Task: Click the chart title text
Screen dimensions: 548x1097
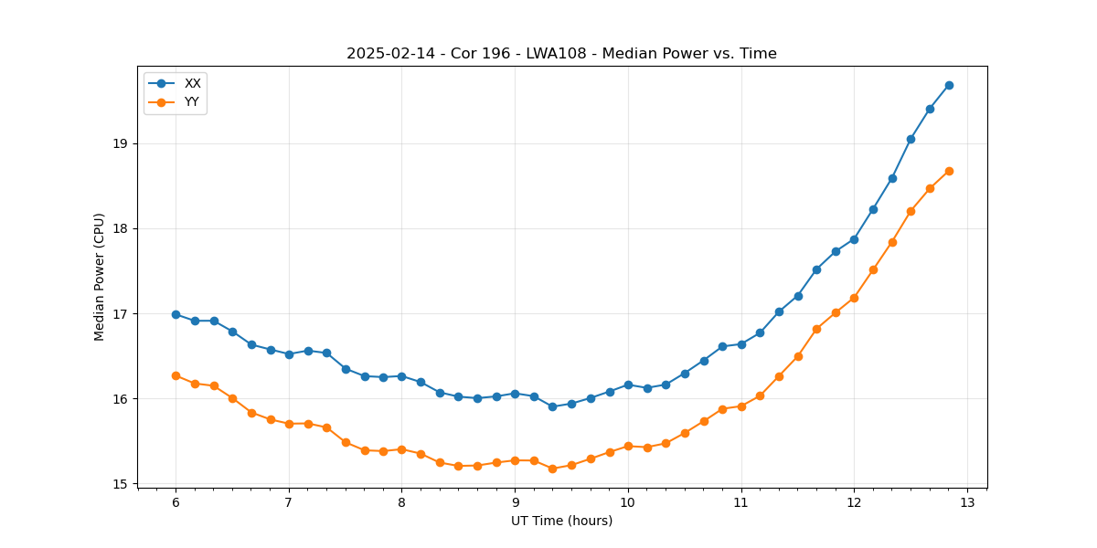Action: coord(561,54)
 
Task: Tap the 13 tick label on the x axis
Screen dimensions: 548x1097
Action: coord(967,502)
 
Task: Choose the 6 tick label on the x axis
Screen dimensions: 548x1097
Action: coord(176,502)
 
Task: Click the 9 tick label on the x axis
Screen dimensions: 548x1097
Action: coord(515,502)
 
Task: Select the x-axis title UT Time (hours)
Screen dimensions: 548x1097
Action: coord(561,521)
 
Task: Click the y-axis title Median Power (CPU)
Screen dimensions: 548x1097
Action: coord(100,277)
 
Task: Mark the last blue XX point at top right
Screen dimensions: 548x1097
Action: coord(949,85)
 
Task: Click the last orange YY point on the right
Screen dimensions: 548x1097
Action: coord(949,171)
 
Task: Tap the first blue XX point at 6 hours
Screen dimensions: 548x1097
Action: coord(176,314)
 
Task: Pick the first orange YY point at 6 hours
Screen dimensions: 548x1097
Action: coord(176,375)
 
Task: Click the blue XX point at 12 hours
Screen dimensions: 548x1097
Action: coord(854,239)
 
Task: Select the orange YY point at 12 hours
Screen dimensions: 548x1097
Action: coord(854,298)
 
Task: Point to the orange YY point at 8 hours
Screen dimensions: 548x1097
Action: coord(401,449)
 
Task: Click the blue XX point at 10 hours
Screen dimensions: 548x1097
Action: coord(628,385)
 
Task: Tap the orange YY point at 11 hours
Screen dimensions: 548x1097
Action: coord(741,406)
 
